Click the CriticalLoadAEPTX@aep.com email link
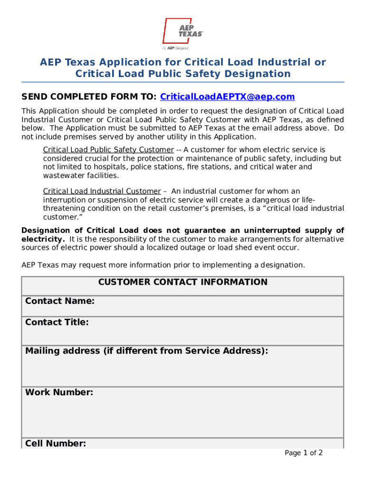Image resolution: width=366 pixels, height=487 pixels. [227, 97]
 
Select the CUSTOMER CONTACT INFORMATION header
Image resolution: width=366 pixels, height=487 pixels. [183, 282]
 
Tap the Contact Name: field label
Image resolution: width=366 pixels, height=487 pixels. [59, 302]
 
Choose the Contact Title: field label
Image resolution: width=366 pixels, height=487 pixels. [57, 322]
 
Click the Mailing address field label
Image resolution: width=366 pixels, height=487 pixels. [146, 351]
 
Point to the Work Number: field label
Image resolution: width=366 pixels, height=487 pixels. [59, 393]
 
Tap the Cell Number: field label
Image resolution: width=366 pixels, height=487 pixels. [55, 444]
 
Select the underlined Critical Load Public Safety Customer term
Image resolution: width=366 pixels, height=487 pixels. [108, 150]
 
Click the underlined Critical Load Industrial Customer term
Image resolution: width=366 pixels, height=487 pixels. [102, 192]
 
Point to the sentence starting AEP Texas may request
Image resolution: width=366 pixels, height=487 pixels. [163, 265]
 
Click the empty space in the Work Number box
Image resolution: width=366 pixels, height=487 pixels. [183, 419]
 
